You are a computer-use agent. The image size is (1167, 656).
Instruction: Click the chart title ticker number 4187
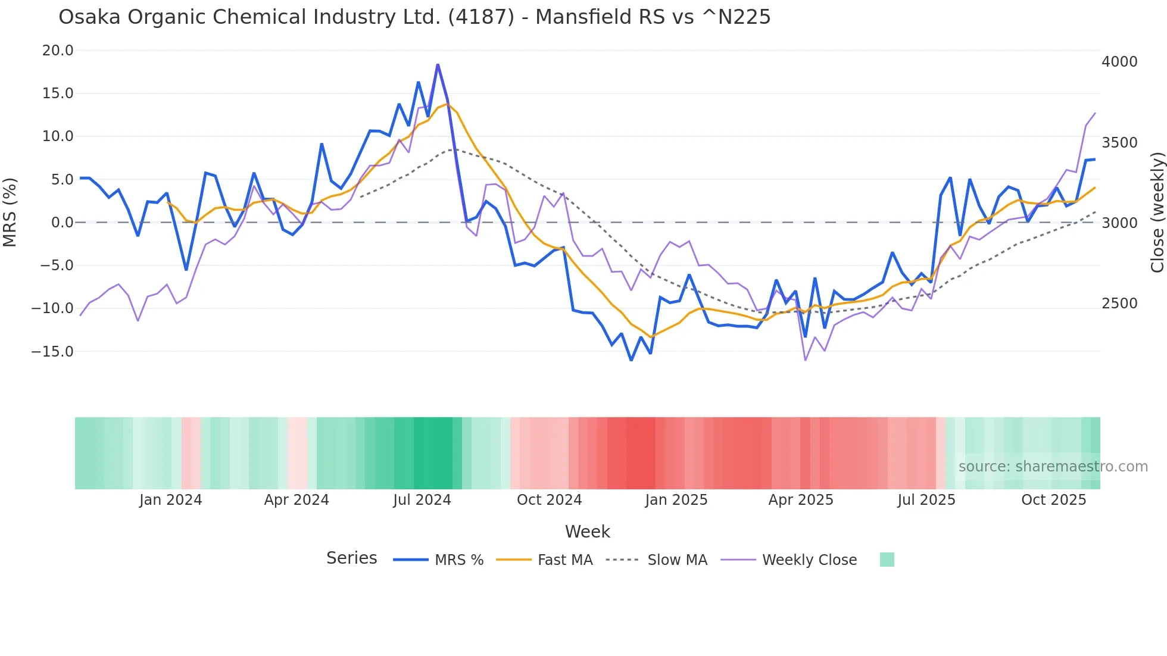480,17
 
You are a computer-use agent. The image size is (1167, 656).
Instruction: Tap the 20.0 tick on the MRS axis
58,51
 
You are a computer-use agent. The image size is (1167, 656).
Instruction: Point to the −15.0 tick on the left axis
52,352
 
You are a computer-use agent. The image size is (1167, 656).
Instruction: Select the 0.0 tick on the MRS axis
62,223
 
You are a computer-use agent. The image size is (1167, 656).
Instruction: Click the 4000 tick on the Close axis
1119,62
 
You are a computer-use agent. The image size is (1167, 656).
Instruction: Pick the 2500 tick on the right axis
1119,304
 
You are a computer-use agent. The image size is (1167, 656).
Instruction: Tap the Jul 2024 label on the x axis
422,500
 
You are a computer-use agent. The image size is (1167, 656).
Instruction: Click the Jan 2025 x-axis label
676,500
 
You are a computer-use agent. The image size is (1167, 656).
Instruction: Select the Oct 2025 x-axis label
1053,500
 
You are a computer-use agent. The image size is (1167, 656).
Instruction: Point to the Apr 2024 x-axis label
297,500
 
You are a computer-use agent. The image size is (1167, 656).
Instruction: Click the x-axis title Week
587,532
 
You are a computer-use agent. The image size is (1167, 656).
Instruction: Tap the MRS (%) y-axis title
10,213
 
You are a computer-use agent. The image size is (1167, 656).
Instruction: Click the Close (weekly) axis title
1157,213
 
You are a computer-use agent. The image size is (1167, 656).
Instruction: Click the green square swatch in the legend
887,560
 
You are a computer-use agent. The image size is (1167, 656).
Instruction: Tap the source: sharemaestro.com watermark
1053,467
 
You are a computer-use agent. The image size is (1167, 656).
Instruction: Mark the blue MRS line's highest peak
438,65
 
